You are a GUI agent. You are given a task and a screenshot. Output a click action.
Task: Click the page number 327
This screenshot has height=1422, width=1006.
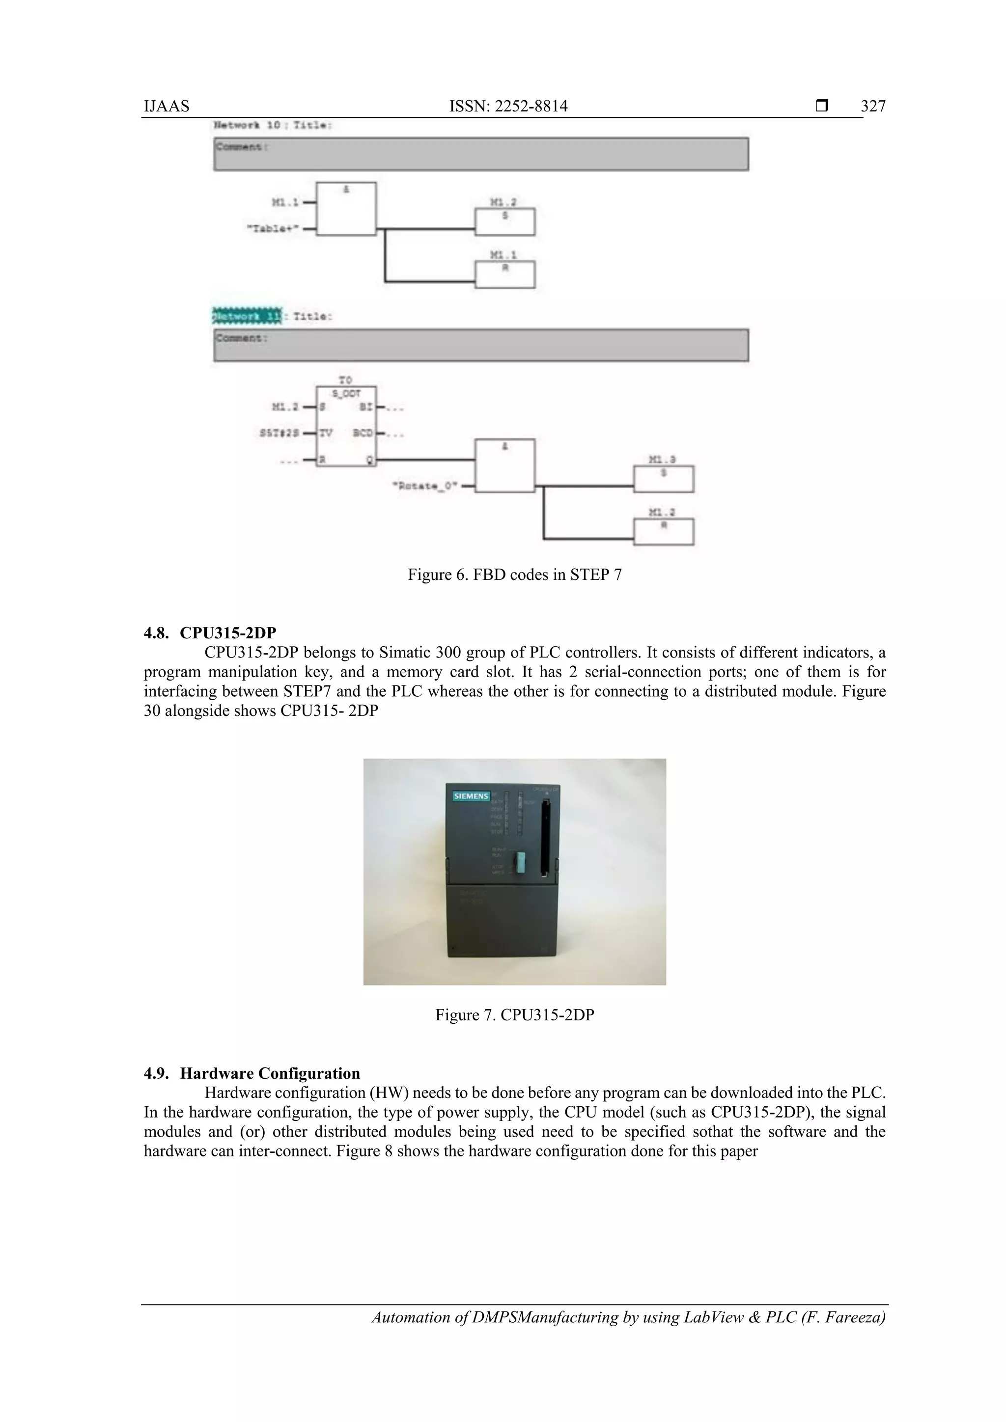873,107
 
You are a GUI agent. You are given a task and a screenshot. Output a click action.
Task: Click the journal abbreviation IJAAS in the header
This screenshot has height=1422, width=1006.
167,107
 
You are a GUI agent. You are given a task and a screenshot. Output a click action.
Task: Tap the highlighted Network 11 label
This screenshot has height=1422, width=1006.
247,316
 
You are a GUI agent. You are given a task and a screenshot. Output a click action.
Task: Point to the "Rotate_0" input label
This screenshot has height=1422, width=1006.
425,486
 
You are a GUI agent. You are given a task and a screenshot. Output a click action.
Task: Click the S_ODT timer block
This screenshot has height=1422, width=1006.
346,427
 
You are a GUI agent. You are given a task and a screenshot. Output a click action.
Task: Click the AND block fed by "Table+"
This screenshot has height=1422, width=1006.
346,209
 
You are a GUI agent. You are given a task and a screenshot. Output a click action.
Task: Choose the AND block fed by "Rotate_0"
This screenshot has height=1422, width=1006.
504,466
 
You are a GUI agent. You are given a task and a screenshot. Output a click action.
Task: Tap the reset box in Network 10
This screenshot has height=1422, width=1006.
504,274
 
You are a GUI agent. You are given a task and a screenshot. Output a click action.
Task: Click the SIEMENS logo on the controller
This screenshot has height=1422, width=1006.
471,796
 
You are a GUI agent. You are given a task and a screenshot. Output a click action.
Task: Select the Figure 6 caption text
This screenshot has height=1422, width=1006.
514,575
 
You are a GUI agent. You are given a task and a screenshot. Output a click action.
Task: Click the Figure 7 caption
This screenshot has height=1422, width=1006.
514,1015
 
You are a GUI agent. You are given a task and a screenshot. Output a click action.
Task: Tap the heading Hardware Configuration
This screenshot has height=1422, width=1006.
270,1073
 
